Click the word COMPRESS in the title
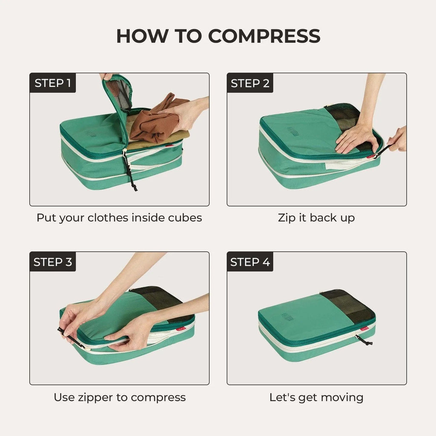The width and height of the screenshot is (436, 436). pos(264,37)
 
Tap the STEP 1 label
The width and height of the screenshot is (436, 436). pos(52,83)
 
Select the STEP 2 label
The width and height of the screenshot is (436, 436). pos(250,83)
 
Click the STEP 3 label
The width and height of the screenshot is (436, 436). pos(53,262)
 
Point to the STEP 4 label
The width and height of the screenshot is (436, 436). pos(250,262)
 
